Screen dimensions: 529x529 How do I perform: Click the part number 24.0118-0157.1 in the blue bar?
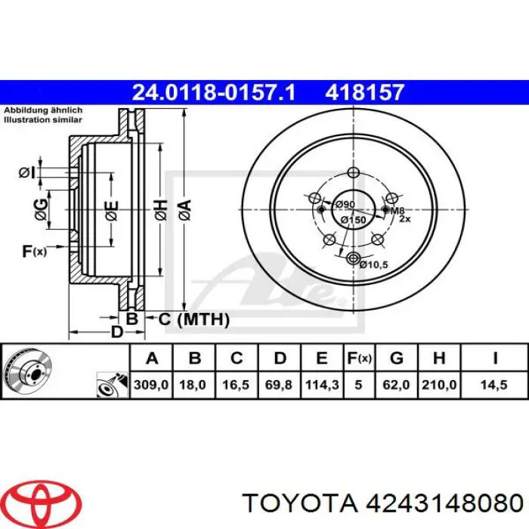click(x=214, y=92)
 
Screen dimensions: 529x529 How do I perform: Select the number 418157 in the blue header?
click(x=365, y=92)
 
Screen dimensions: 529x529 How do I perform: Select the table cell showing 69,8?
click(x=279, y=385)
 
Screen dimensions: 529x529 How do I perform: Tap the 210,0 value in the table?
click(x=438, y=385)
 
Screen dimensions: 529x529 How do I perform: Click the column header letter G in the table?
click(x=397, y=357)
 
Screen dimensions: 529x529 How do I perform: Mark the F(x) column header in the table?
click(x=358, y=357)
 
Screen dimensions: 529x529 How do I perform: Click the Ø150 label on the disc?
click(x=352, y=219)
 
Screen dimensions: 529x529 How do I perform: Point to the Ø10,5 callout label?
click(x=373, y=264)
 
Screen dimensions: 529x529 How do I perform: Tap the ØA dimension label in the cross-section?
click(x=184, y=206)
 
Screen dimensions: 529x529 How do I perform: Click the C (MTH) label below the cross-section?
click(x=193, y=320)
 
